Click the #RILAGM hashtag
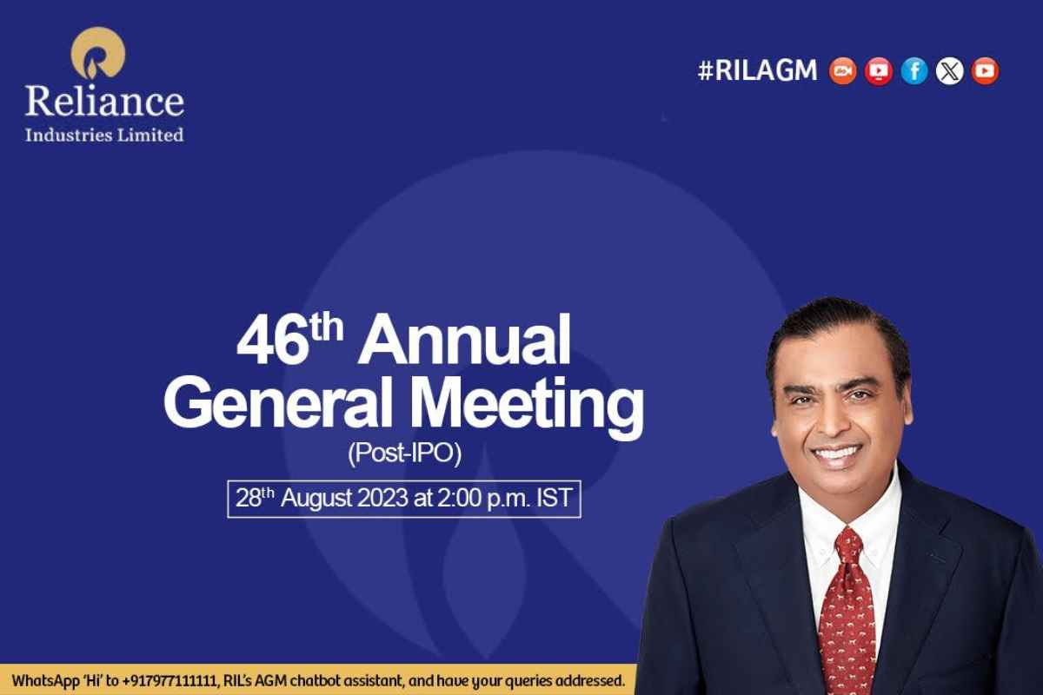tap(757, 70)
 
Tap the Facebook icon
tap(914, 70)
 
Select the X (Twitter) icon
tap(949, 70)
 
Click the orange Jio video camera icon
tap(842, 70)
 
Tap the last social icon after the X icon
tap(985, 70)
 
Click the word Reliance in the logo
tap(104, 101)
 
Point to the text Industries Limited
tap(104, 135)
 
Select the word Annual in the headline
tap(465, 342)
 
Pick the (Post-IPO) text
tap(403, 453)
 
